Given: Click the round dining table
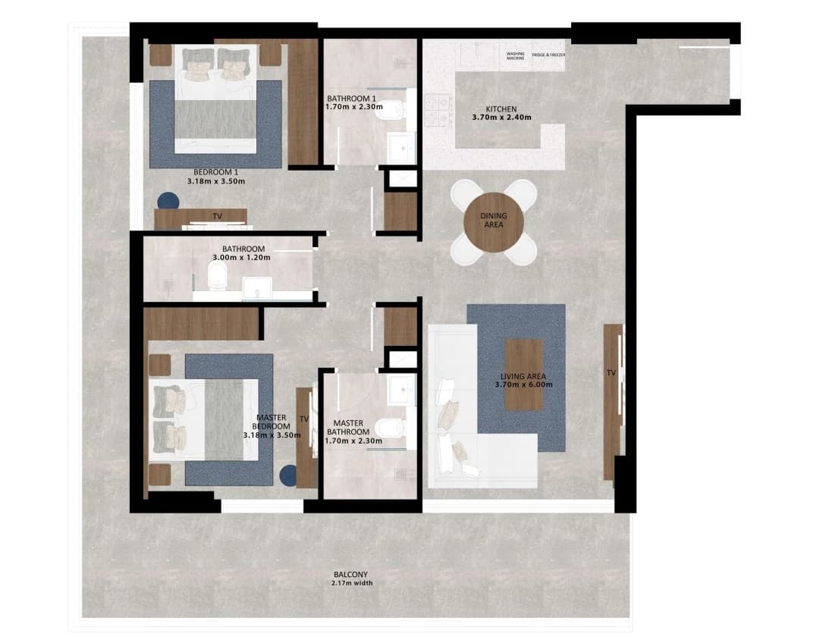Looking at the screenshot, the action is pyautogui.click(x=494, y=222).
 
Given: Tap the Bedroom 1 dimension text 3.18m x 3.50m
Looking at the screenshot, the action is pyautogui.click(x=216, y=182).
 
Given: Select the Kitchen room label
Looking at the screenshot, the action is pyautogui.click(x=501, y=109).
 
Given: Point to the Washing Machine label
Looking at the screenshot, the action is pyautogui.click(x=516, y=56).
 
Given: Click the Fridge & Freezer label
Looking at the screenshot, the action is pyautogui.click(x=548, y=55).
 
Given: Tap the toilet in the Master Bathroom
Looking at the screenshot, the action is pyautogui.click(x=391, y=428).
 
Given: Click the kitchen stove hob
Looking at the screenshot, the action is pyautogui.click(x=438, y=110).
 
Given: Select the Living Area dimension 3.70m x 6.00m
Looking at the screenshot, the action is pyautogui.click(x=523, y=385).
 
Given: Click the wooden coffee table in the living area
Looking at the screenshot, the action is pyautogui.click(x=524, y=375).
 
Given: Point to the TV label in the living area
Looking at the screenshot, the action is pyautogui.click(x=611, y=373).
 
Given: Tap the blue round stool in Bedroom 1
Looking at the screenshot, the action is pyautogui.click(x=168, y=201).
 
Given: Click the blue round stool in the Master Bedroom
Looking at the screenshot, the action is pyautogui.click(x=289, y=475).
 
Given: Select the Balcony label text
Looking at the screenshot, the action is pyautogui.click(x=351, y=575).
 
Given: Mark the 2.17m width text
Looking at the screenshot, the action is pyautogui.click(x=352, y=583).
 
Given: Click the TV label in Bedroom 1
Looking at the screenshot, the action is pyautogui.click(x=217, y=216).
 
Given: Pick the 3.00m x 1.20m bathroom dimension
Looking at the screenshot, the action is pyautogui.click(x=241, y=258).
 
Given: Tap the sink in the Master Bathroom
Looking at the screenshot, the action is pyautogui.click(x=403, y=391).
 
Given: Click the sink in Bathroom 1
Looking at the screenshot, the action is pyautogui.click(x=402, y=148).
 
